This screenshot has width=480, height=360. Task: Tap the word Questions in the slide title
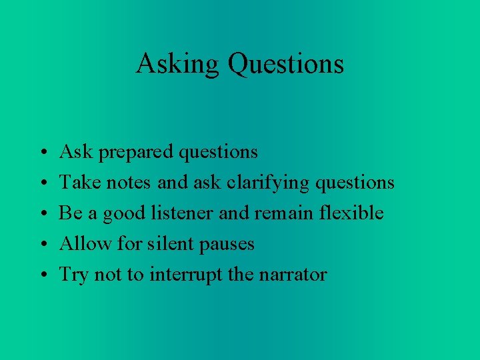285,64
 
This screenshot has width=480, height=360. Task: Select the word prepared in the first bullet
138,153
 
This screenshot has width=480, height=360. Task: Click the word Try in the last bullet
73,275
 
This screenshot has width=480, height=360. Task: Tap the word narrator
297,275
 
